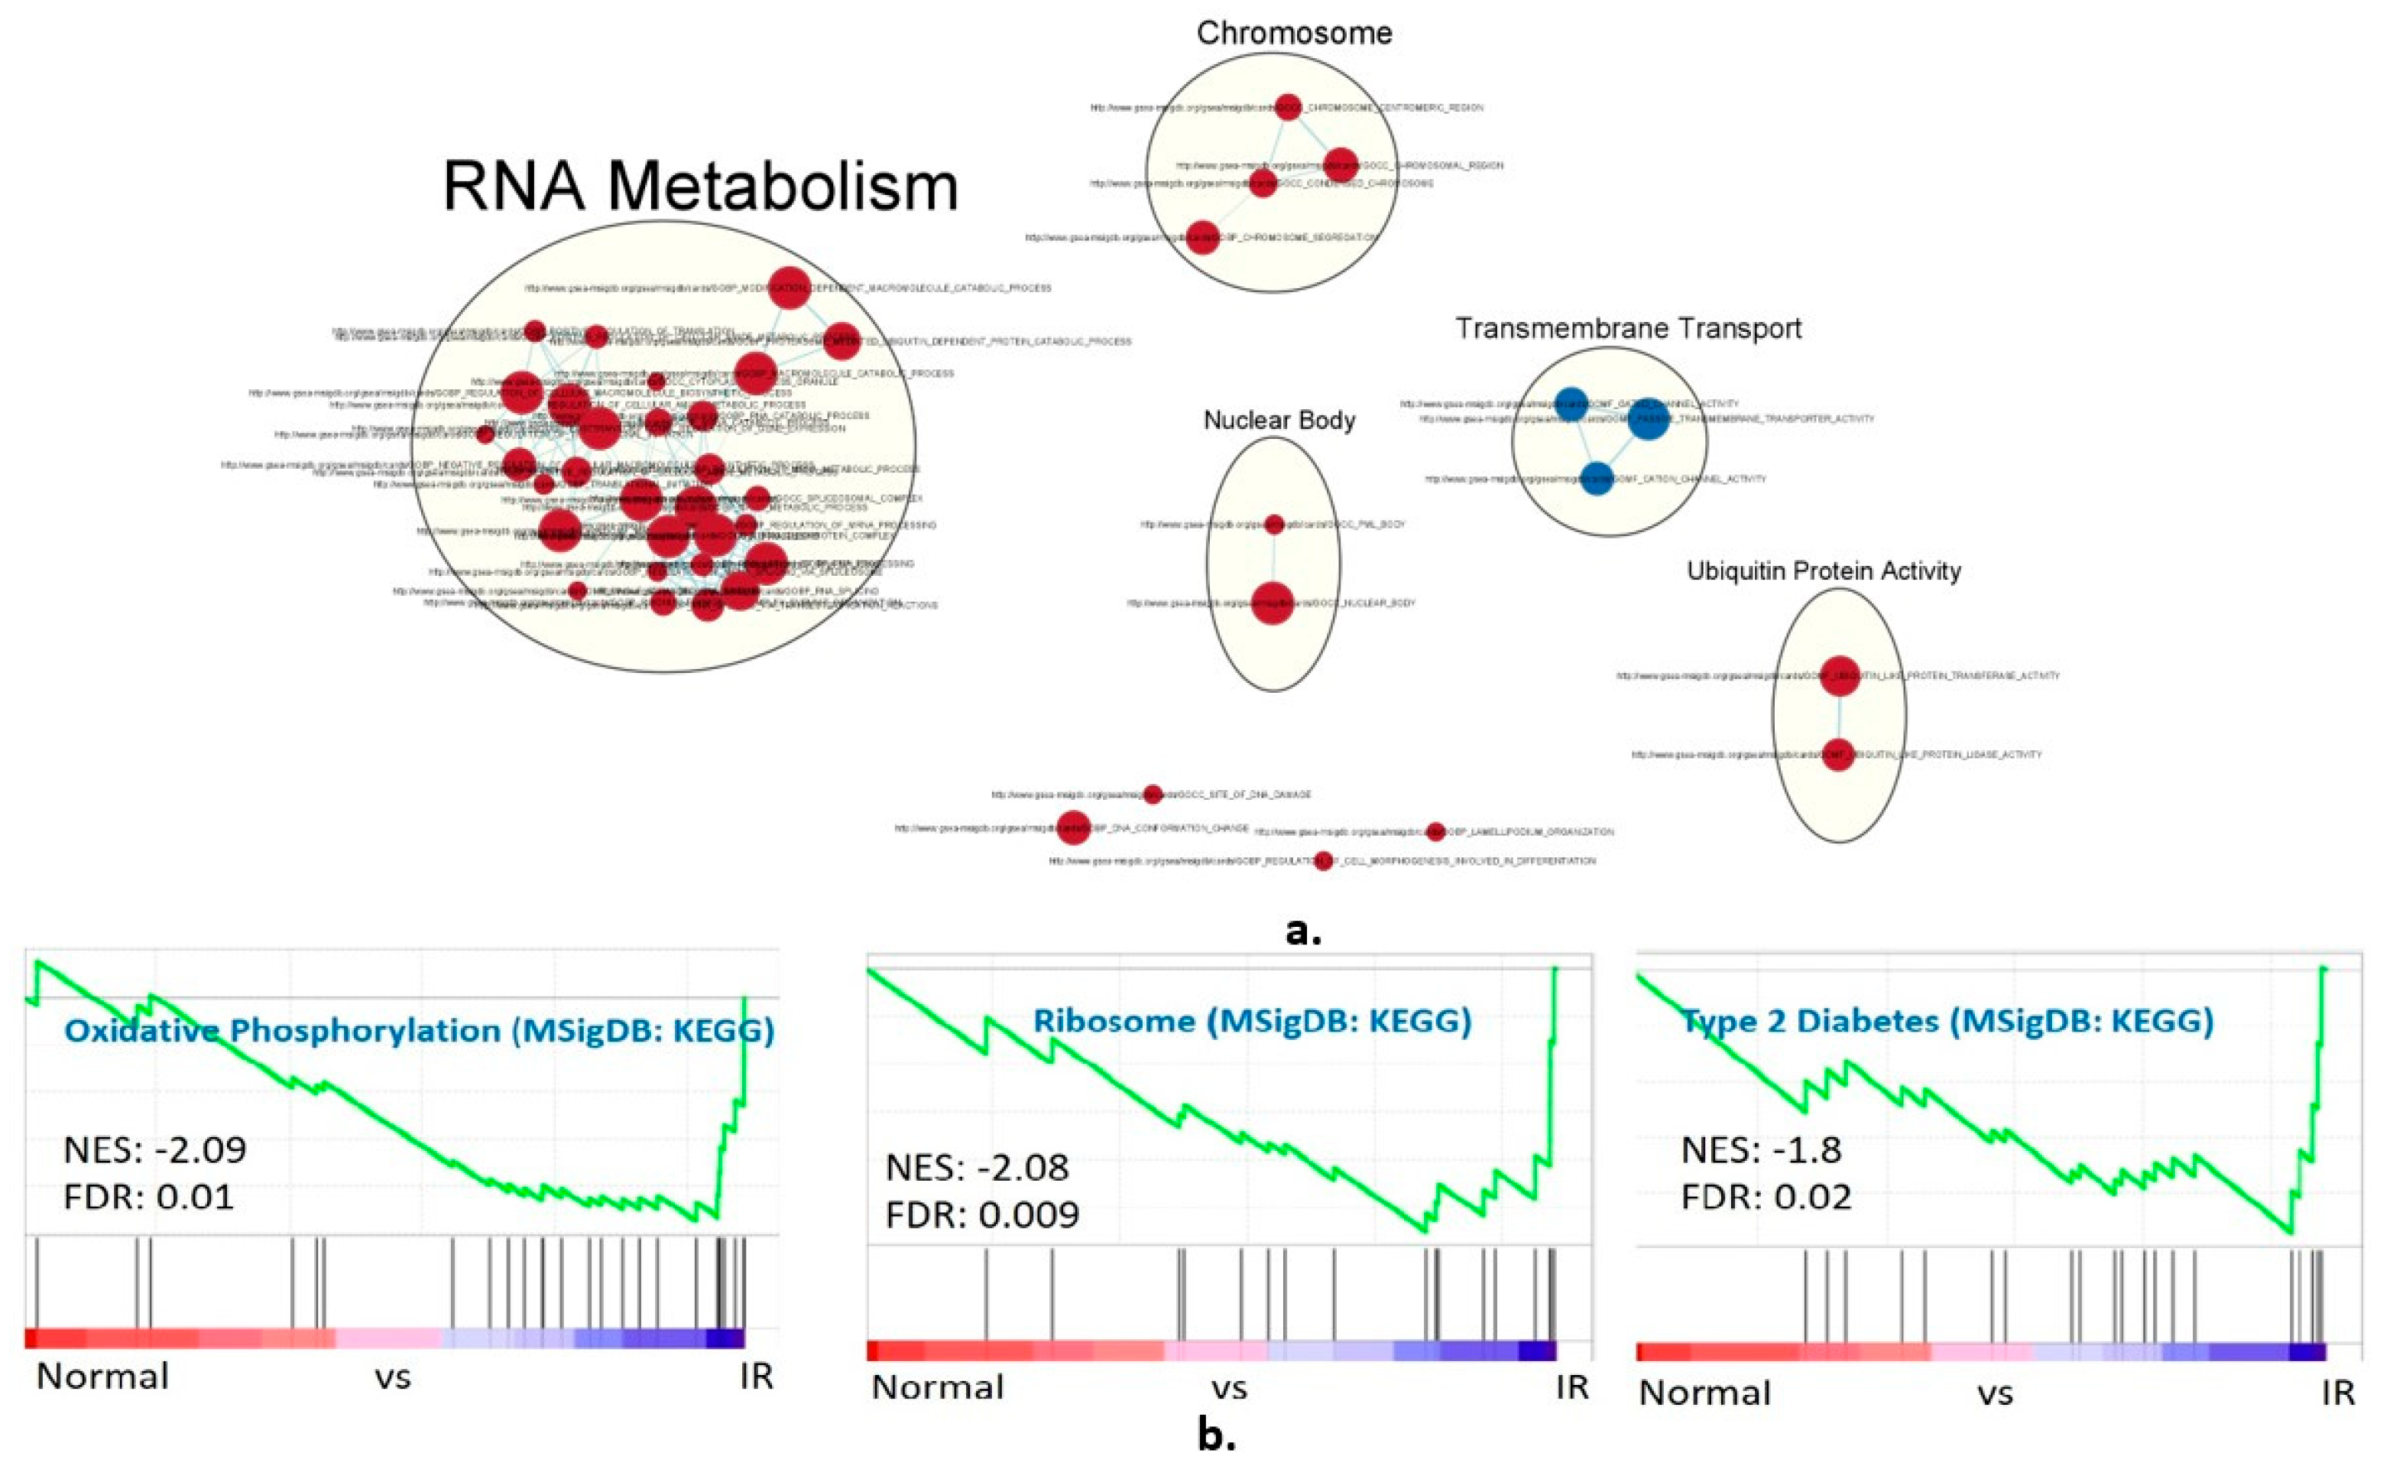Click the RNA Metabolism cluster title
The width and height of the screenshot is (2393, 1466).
tap(700, 187)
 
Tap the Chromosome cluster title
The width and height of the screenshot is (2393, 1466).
tap(1294, 33)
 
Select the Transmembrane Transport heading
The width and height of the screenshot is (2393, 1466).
tap(1628, 328)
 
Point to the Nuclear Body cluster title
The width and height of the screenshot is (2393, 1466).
tap(1279, 420)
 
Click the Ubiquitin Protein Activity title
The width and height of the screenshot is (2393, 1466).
tap(1823, 570)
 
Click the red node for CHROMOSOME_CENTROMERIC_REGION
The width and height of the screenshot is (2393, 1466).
tap(1288, 107)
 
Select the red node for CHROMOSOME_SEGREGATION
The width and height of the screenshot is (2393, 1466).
tap(1202, 237)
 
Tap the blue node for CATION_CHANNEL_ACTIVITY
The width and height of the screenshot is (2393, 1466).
tap(1597, 478)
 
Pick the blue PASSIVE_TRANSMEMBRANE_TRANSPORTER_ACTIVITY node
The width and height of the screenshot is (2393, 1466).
tap(1647, 419)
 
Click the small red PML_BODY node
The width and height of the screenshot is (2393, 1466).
tap(1274, 525)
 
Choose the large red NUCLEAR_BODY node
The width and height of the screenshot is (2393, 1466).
tap(1273, 603)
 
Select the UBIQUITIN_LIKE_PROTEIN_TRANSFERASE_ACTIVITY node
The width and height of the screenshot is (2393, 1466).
tap(1838, 676)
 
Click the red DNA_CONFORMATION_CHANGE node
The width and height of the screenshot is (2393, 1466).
tap(1072, 827)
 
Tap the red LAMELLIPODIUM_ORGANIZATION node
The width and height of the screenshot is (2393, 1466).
tap(1435, 831)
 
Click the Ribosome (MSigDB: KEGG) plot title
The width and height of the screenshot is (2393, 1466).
tap(1252, 1021)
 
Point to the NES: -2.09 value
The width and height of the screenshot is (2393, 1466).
tap(154, 1150)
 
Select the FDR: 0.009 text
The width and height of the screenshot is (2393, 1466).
tap(982, 1214)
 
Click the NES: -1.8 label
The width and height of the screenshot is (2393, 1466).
tap(1761, 1150)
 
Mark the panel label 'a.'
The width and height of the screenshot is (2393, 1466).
tap(1303, 931)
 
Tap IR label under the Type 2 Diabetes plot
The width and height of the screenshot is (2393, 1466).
tap(2338, 1393)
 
